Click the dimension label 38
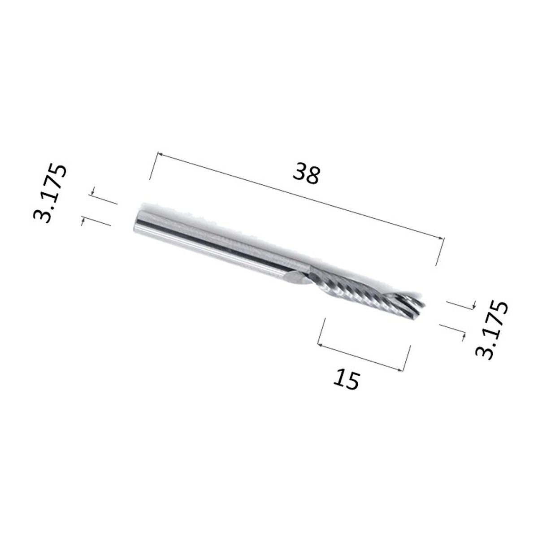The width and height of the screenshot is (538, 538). pos(306,174)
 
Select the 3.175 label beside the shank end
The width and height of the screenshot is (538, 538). pos(50,194)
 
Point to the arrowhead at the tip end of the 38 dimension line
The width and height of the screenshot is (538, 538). pos(441,238)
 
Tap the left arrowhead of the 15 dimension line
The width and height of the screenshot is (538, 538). pos(321,345)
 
